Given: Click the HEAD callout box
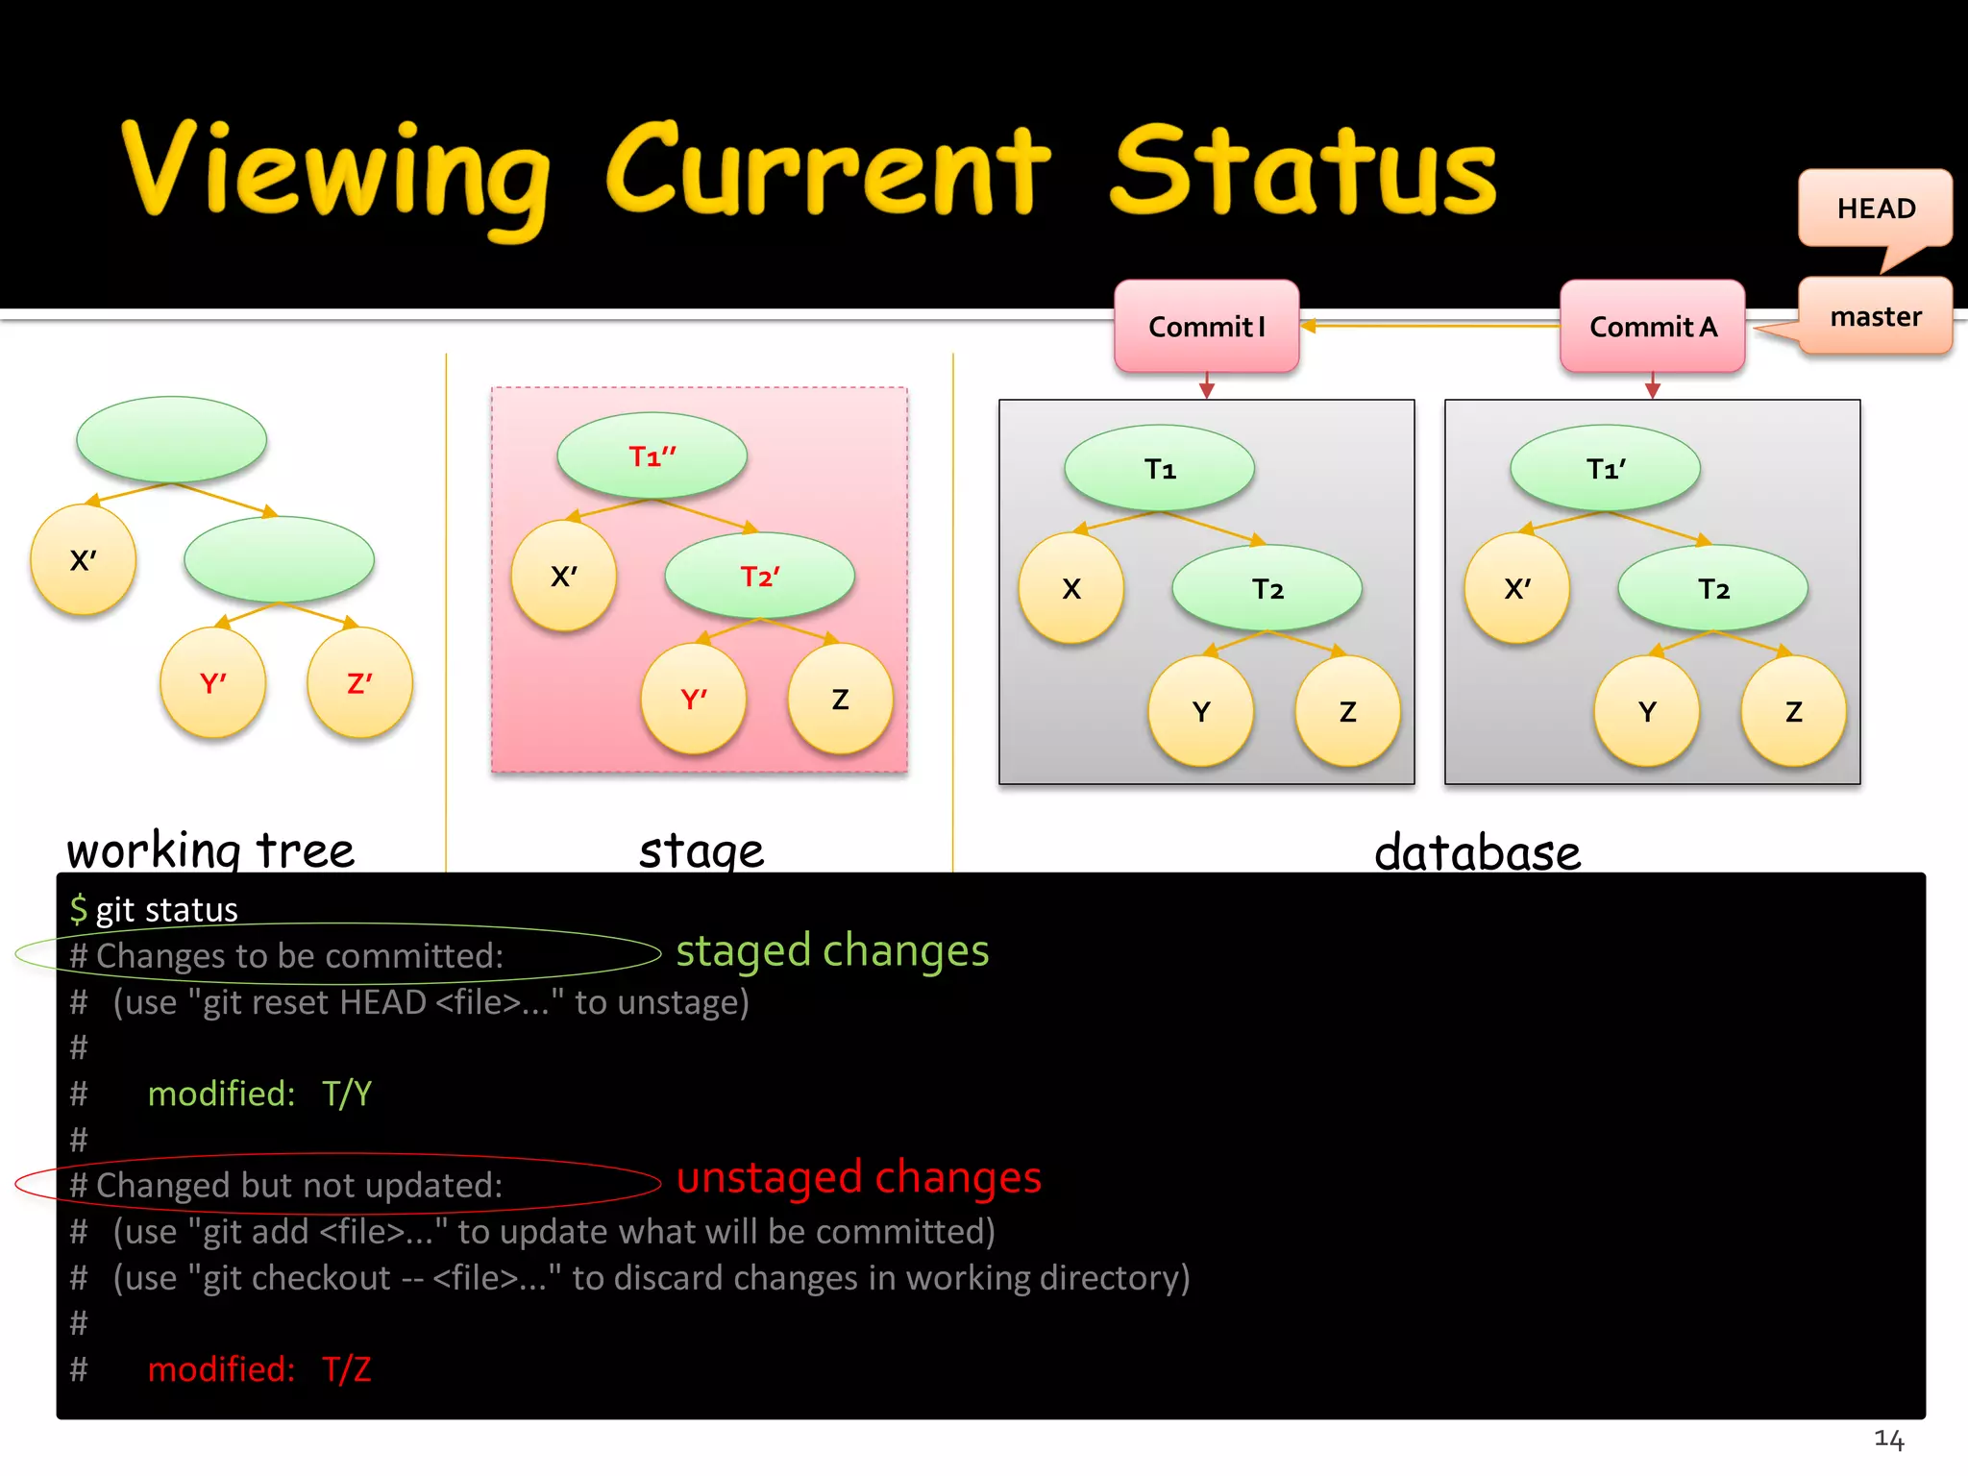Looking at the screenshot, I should click(x=1875, y=208).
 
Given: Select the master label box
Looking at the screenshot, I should click(x=1875, y=316).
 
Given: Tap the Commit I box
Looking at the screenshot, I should click(x=1207, y=327).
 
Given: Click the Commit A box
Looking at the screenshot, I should click(x=1652, y=327).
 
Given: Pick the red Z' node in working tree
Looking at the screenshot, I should click(x=359, y=683).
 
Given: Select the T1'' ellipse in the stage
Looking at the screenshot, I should click(x=652, y=455).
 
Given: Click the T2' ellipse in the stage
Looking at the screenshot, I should click(x=759, y=576).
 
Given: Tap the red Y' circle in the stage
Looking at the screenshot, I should click(x=693, y=699).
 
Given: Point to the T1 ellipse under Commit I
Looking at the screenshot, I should click(x=1160, y=468).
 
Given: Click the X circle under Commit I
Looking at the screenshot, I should click(x=1070, y=588).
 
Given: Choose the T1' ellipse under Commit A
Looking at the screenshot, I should click(x=1605, y=468).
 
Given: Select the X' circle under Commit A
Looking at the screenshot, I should click(x=1516, y=588).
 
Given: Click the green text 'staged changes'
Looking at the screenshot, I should click(x=832, y=951).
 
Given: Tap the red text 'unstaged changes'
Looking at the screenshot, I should click(x=858, y=1178).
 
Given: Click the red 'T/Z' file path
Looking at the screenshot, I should click(x=347, y=1369).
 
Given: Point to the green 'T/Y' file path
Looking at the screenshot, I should click(x=347, y=1094).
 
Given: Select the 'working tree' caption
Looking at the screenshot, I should click(x=210, y=850).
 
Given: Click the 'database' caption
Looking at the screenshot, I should click(x=1477, y=852).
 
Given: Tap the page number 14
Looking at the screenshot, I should click(x=1888, y=1439).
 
